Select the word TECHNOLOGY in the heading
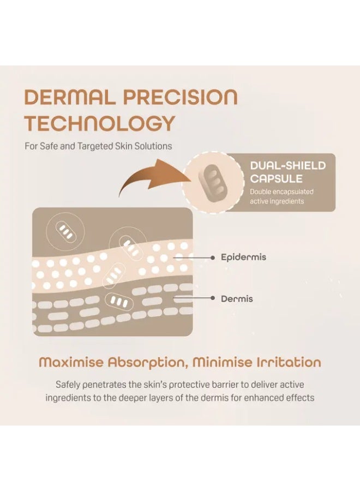point(99,123)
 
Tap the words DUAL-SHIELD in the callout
point(287,165)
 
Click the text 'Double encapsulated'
point(281,191)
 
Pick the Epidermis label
point(244,258)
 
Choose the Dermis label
point(237,299)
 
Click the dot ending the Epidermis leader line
point(213,258)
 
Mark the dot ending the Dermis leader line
point(213,298)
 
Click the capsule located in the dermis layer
point(119,302)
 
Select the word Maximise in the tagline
point(71,362)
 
